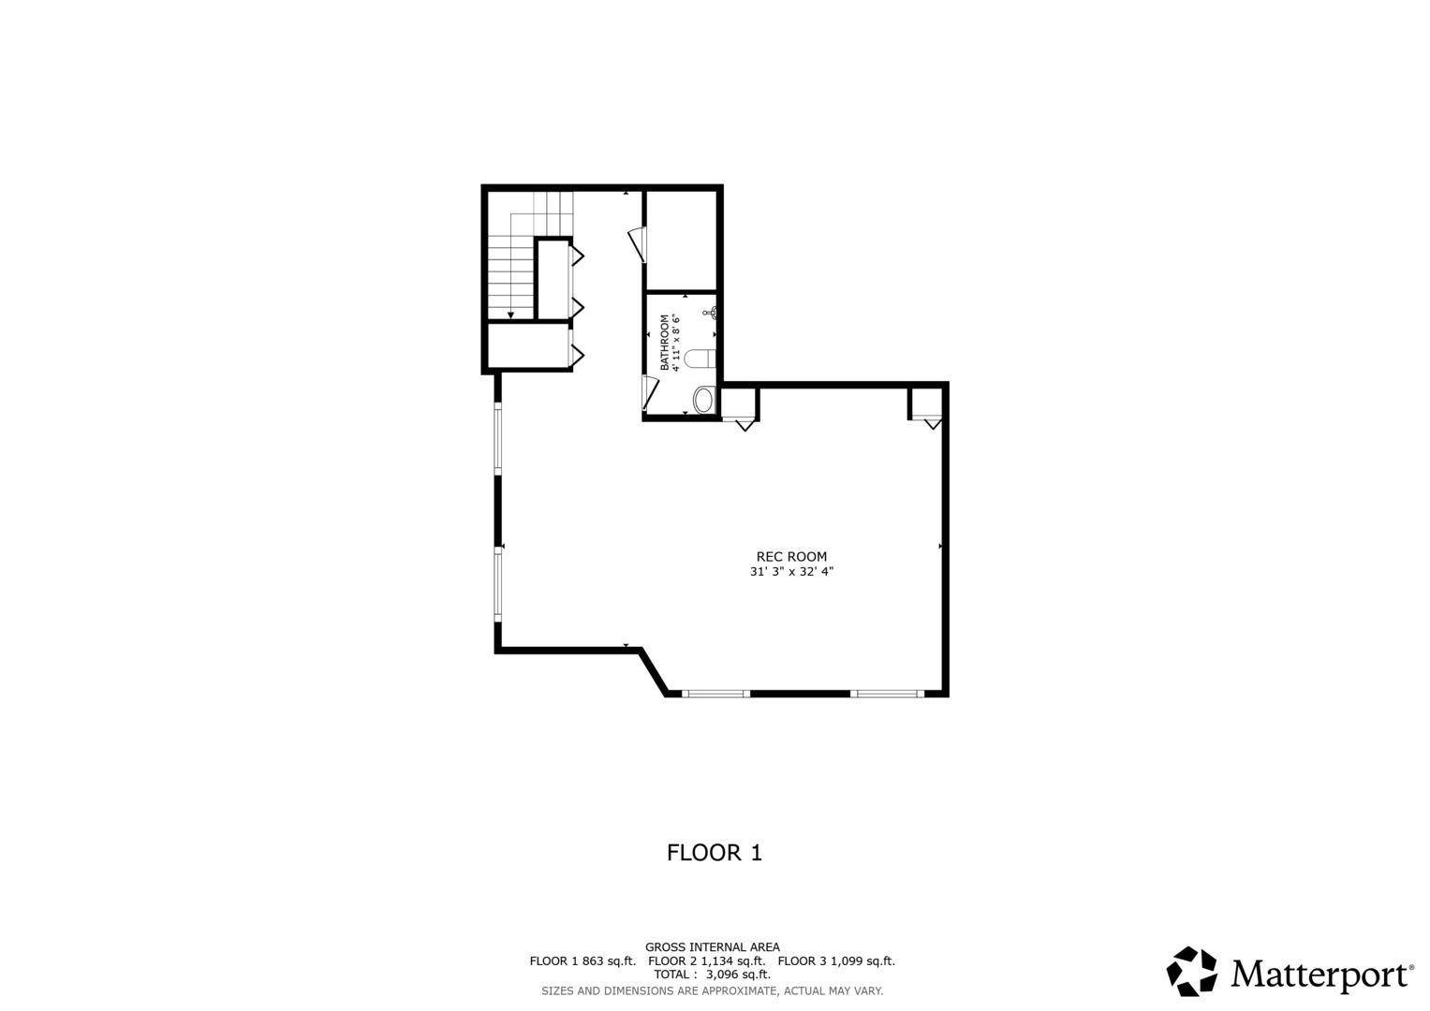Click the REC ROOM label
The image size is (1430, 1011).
coord(791,557)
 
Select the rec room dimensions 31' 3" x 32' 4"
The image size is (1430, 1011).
coord(791,571)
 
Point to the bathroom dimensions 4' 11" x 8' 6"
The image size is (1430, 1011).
coord(675,342)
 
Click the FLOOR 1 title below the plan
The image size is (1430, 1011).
coord(714,853)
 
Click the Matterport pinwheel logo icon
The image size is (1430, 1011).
coord(1191,971)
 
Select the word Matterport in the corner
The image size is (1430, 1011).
coord(1321,974)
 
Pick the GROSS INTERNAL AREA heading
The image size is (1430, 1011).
coord(712,947)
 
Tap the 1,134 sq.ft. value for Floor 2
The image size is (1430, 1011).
coord(733,961)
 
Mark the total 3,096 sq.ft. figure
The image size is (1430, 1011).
coord(738,974)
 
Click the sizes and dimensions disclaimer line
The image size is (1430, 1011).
coord(712,990)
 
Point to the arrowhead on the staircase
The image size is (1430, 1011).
coord(510,315)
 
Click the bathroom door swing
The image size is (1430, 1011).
coord(649,392)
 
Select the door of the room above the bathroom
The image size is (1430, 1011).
coord(638,243)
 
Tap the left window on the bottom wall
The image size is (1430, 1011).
coord(715,694)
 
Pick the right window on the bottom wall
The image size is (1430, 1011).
coord(886,694)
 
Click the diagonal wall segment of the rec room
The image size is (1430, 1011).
coord(654,672)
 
